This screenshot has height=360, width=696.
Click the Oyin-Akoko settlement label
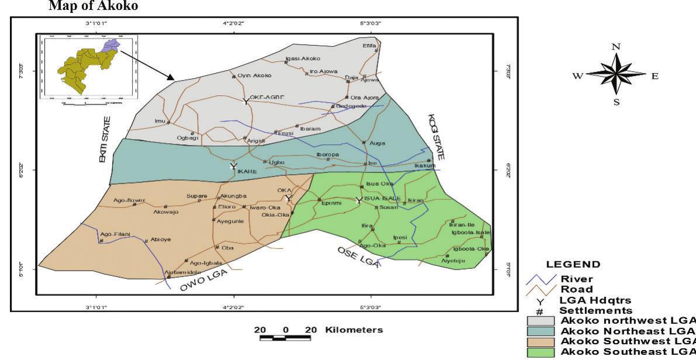tap(255, 75)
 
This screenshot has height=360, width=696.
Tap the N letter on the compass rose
tap(615, 46)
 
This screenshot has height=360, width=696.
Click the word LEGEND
tap(569, 265)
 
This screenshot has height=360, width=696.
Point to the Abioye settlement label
tap(160, 239)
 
